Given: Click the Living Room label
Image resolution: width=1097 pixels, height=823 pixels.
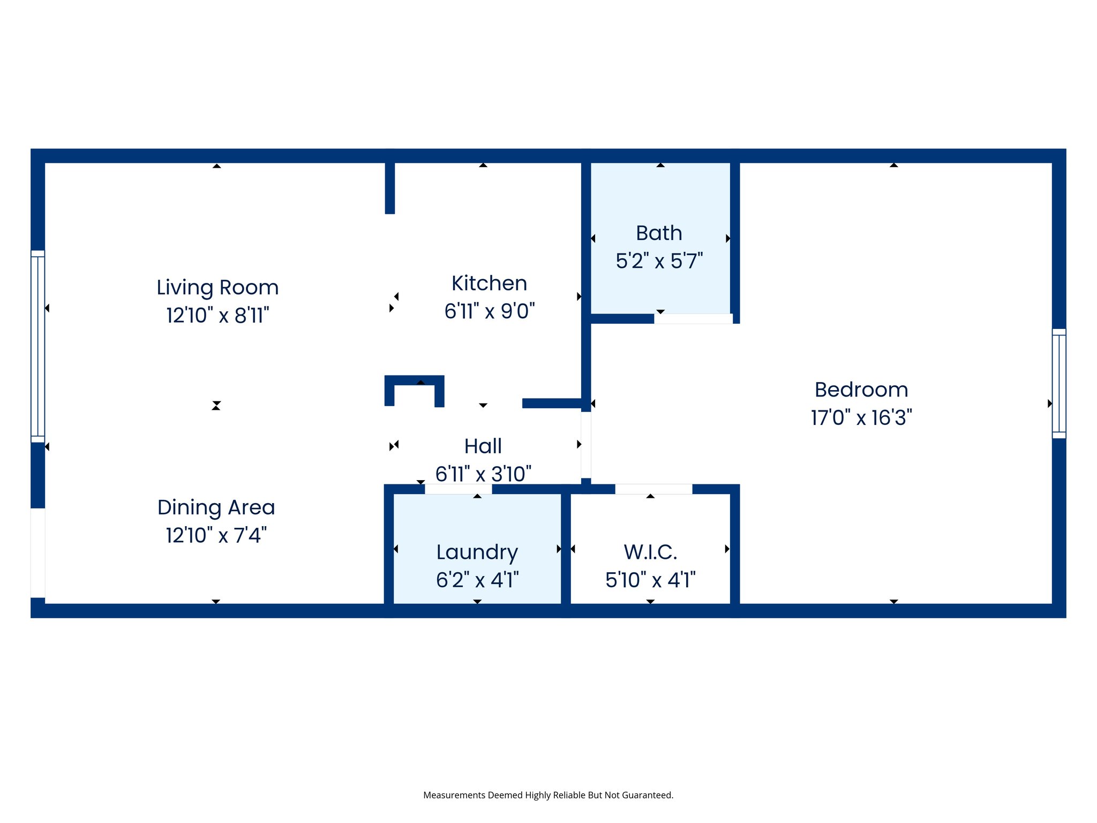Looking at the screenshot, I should [x=217, y=288].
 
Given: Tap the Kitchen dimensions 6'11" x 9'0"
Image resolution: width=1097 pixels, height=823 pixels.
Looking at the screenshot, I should [x=490, y=311].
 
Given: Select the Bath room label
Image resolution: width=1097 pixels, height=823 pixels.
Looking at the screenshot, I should [x=659, y=234].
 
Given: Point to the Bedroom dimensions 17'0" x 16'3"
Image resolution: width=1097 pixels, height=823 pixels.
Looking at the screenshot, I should [x=861, y=418].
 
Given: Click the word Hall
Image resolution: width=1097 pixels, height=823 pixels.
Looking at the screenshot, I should [x=483, y=446].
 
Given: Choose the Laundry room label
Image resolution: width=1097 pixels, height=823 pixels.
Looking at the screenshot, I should [x=477, y=552].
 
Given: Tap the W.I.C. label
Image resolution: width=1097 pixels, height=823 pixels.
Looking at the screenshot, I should [x=650, y=552].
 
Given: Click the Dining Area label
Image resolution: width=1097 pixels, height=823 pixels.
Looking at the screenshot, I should [x=216, y=507].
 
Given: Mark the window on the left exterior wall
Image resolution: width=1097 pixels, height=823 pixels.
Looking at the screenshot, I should [x=37, y=346].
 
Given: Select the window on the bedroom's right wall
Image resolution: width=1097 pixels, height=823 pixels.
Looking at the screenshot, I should [x=1059, y=383].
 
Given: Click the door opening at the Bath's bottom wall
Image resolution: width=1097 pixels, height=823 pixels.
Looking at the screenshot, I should [x=693, y=319].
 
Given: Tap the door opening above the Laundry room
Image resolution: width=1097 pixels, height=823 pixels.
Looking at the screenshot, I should [x=458, y=489].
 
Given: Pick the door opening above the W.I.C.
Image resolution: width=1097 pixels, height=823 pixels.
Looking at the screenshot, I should [x=653, y=489].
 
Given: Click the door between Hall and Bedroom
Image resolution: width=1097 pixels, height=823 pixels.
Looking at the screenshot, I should [x=586, y=445].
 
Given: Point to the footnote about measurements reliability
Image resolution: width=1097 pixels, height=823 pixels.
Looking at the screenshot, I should [x=548, y=795].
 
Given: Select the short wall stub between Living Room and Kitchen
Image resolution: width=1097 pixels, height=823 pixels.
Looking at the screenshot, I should [x=390, y=188].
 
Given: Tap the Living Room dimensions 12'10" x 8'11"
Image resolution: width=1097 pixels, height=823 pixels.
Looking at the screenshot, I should [x=217, y=316].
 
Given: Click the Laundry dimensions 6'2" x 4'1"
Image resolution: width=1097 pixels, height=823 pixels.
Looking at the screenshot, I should [x=477, y=580].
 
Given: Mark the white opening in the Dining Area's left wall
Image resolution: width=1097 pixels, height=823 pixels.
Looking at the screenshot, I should [x=37, y=552].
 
